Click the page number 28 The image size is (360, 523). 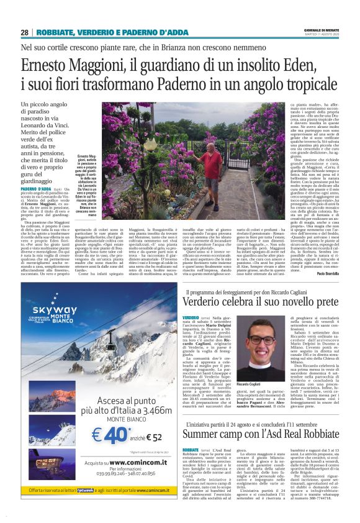24,32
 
